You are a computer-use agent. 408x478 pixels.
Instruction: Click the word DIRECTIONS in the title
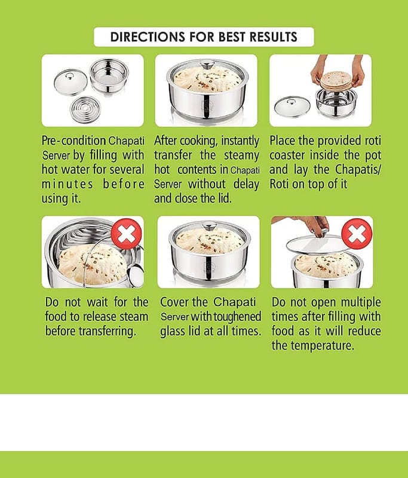click(148, 37)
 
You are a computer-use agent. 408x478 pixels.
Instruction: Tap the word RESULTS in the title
click(274, 37)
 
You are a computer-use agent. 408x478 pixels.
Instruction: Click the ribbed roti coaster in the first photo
click(86, 109)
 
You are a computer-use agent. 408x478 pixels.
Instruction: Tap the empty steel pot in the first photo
click(109, 75)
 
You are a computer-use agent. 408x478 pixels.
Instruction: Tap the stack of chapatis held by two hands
click(337, 81)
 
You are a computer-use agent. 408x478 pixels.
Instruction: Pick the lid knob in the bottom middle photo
click(210, 226)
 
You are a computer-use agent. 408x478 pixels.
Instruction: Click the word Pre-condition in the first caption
click(73, 141)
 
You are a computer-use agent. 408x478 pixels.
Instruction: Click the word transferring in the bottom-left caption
click(108, 332)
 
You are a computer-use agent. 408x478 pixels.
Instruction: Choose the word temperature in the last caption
click(323, 346)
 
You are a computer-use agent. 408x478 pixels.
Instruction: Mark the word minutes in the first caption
click(68, 185)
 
